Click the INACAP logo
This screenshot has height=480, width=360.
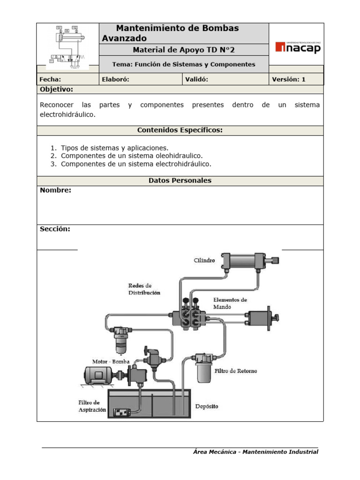pyautogui.click(x=298, y=47)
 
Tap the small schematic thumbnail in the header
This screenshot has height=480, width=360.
pyautogui.click(x=68, y=47)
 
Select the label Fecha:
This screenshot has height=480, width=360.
pyautogui.click(x=51, y=79)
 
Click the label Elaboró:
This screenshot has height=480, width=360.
pyautogui.click(x=115, y=79)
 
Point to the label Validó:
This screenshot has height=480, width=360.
pyautogui.click(x=197, y=79)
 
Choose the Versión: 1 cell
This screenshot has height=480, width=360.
pyautogui.click(x=289, y=79)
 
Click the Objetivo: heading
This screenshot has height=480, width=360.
pyautogui.click(x=56, y=89)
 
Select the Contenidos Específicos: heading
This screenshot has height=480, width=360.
pyautogui.click(x=180, y=130)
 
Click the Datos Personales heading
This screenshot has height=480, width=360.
pyautogui.click(x=180, y=180)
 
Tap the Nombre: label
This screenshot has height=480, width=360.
pyautogui.click(x=56, y=190)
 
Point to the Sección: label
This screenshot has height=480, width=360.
pyautogui.click(x=55, y=229)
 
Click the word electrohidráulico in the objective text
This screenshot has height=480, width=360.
pyautogui.click(x=67, y=114)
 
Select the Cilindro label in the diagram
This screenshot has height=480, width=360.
pyautogui.click(x=204, y=260)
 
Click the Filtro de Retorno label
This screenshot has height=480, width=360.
pyautogui.click(x=236, y=371)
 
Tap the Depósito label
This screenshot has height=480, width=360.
pyautogui.click(x=206, y=406)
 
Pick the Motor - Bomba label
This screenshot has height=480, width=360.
pyautogui.click(x=111, y=361)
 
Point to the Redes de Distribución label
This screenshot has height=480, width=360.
pyautogui.click(x=144, y=289)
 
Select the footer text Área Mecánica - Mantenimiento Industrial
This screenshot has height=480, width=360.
pyautogui.click(x=255, y=452)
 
